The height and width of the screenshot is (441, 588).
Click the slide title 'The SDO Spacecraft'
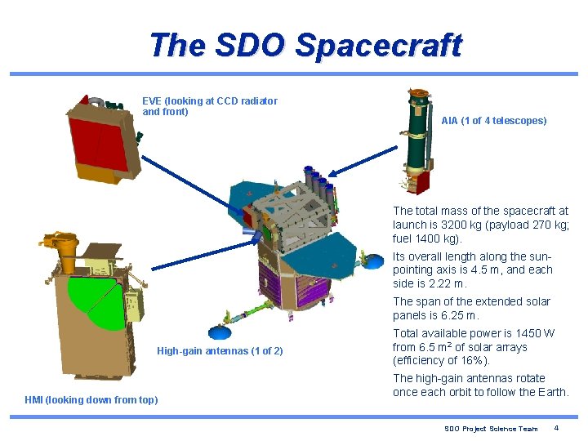tap(305, 45)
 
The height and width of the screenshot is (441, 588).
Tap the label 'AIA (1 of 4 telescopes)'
tap(493, 121)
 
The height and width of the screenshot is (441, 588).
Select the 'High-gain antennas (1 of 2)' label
tap(220, 351)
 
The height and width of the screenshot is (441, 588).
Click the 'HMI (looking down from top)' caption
tap(91, 399)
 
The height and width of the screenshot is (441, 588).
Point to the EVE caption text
tap(209, 106)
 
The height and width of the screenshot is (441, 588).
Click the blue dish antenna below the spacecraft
tap(219, 331)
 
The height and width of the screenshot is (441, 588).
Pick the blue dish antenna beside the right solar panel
tap(374, 261)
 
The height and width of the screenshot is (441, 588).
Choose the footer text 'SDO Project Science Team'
tap(491, 429)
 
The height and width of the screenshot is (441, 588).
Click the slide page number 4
tap(556, 429)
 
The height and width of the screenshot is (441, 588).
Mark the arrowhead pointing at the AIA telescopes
tap(332, 173)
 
